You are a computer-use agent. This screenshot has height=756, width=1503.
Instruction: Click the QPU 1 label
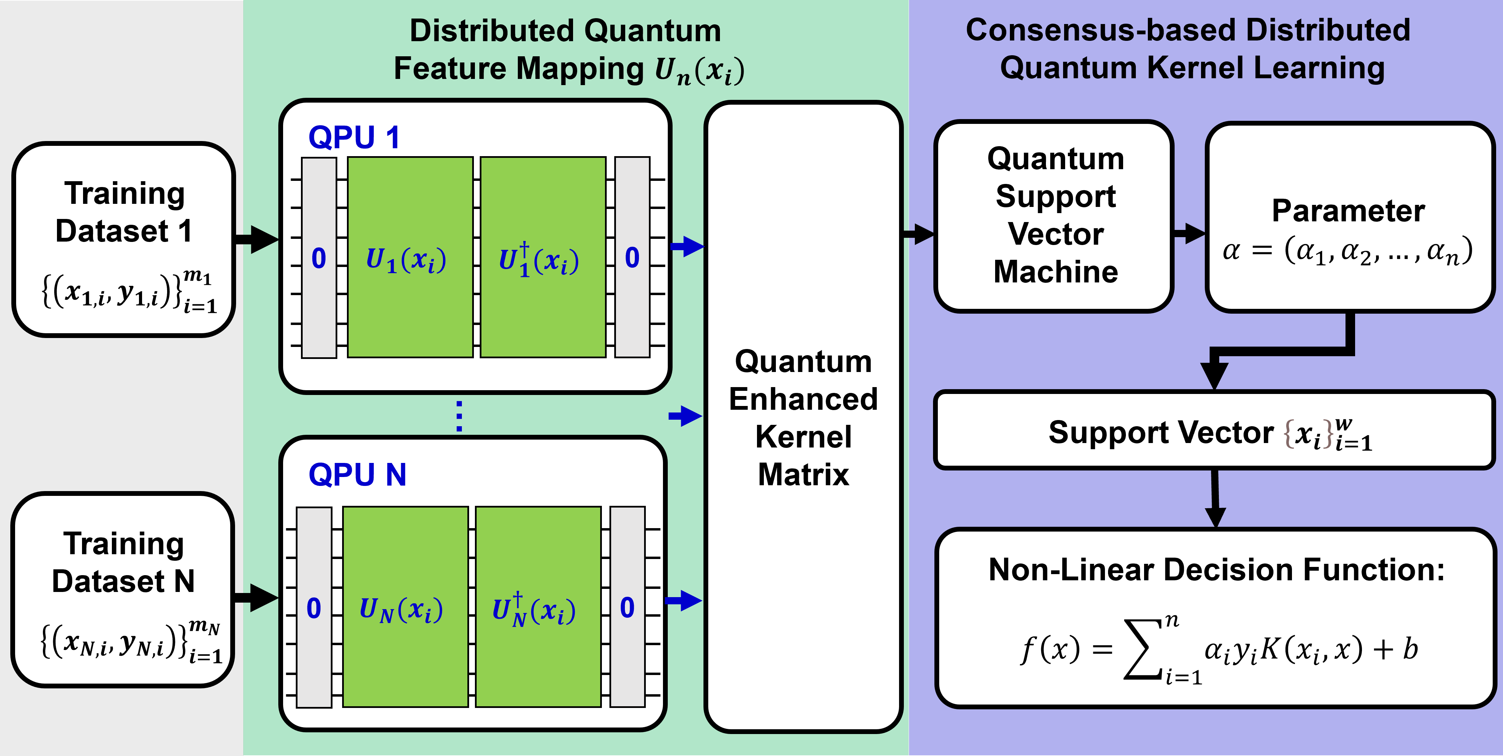(353, 138)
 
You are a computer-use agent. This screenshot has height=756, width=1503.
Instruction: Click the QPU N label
(357, 475)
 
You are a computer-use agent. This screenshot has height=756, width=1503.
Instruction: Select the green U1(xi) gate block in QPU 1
(410, 257)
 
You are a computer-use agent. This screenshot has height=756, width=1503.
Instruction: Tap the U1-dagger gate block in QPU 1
(543, 257)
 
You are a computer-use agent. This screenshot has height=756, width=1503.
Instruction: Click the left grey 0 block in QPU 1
(318, 257)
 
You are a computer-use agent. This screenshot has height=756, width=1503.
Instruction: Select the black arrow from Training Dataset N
(256, 597)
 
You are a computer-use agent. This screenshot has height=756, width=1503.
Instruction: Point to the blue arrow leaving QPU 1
(687, 246)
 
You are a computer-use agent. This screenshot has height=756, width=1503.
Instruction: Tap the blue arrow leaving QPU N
(684, 600)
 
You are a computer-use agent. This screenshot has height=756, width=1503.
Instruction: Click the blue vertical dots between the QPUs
(459, 416)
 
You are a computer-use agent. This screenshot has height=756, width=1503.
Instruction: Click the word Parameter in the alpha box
(1348, 211)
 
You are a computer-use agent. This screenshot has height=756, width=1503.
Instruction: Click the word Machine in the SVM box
(1056, 272)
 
